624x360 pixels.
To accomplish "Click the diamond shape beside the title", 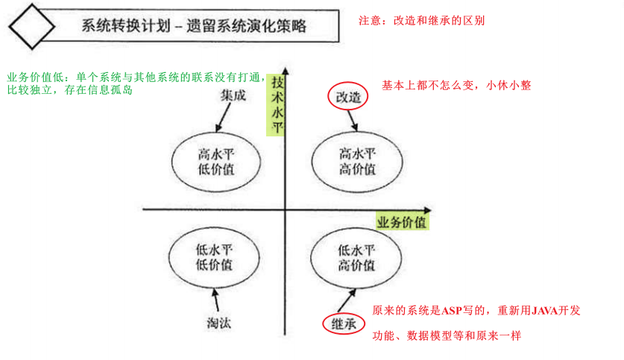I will point(31,27).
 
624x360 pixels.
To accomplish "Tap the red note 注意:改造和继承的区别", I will point(421,20).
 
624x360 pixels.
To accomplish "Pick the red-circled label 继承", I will point(342,323).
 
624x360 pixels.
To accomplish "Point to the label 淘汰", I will point(218,322).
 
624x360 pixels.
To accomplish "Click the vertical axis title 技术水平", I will point(277,104).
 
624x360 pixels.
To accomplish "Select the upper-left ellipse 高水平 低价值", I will point(215,162).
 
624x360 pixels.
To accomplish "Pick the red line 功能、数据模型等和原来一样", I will point(447,336).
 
